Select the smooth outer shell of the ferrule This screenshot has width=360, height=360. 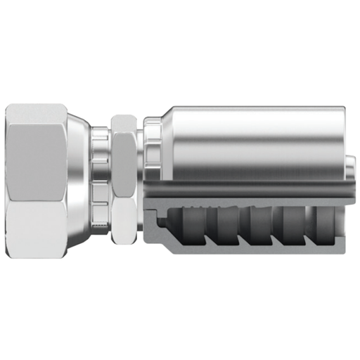(x=253, y=141)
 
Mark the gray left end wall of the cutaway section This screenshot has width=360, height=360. (x=150, y=218)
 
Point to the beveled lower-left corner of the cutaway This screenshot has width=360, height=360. (x=156, y=246)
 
